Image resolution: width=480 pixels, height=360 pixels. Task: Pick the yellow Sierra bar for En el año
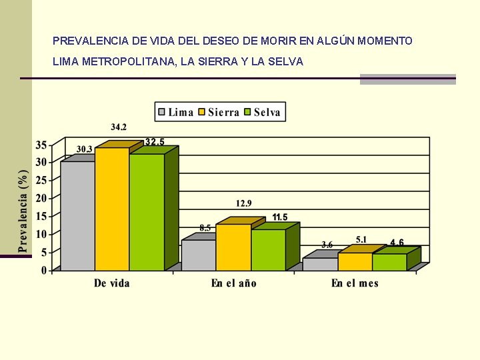point(233,247)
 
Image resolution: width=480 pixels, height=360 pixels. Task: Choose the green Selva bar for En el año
point(268,249)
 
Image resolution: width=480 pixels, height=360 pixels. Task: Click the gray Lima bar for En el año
point(199,255)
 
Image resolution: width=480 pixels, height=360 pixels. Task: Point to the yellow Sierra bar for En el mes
point(355,261)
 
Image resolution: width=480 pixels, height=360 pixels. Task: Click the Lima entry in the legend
point(175,112)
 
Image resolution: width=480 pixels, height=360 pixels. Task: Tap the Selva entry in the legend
point(261,112)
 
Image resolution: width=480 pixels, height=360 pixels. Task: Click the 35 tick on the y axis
point(41,145)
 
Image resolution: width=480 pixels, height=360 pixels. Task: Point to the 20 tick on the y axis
point(41,198)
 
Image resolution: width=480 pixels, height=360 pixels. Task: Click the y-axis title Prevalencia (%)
point(23,210)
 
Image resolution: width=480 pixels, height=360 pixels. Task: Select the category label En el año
point(233,283)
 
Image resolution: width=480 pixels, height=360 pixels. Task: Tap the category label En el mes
point(355,283)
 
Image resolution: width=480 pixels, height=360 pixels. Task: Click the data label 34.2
point(119,127)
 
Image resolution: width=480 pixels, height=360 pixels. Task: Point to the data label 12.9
point(243,203)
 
